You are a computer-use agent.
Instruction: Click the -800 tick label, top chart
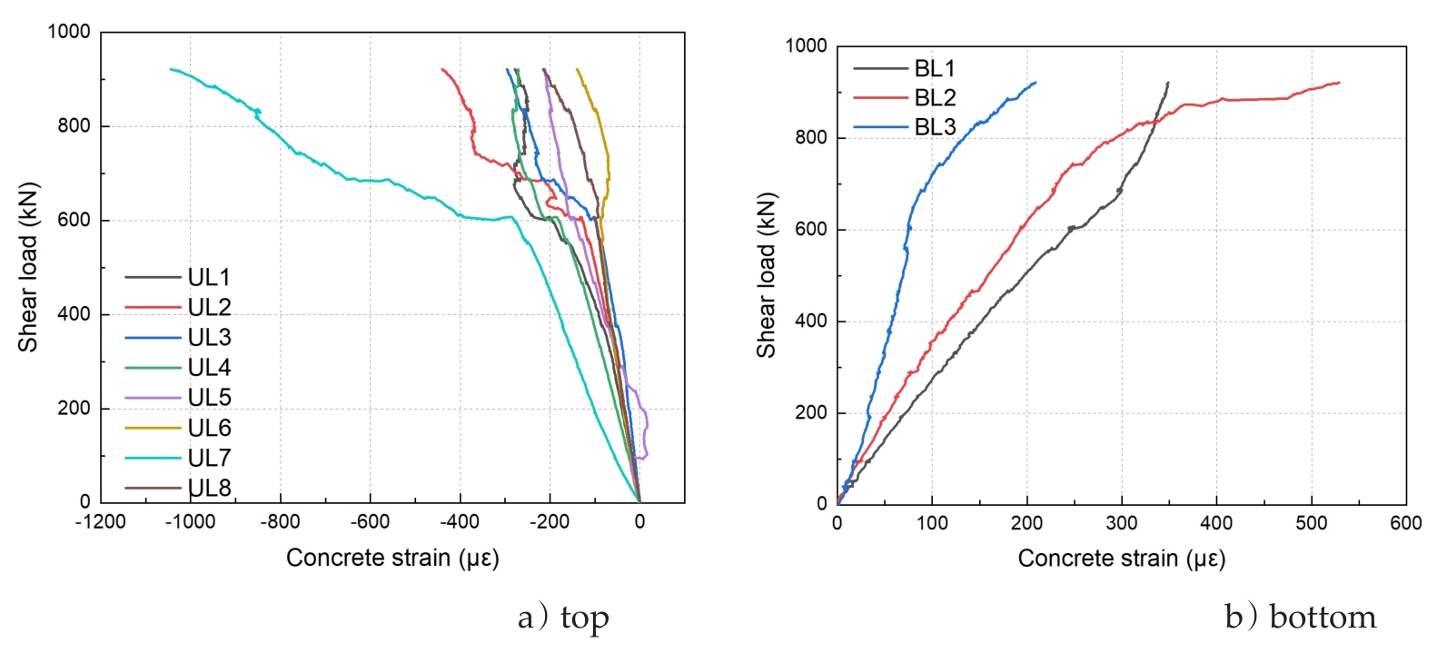pos(280,521)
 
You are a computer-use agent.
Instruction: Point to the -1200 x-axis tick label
pos(100,521)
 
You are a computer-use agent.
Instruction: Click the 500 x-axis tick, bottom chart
pos(1311,523)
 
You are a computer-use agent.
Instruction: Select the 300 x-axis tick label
pos(1121,523)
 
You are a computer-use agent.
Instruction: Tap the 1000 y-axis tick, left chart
pos(69,32)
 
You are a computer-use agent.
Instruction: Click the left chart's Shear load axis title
pos(27,267)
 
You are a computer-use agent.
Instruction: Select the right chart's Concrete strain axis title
pos(1121,558)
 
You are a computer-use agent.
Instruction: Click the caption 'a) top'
pos(563,618)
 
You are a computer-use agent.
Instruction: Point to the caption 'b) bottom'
pos(1300,618)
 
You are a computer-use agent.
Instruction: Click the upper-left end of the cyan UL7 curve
pos(171,69)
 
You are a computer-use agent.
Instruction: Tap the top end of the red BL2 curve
pos(1339,83)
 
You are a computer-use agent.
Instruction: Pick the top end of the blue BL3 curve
pos(1036,83)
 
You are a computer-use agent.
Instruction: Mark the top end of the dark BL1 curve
pos(1168,83)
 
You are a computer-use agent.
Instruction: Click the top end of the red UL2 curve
pos(442,69)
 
